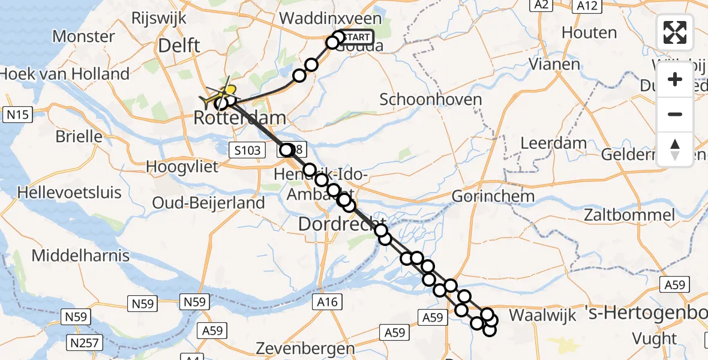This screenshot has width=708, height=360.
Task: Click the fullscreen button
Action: tap(675, 32)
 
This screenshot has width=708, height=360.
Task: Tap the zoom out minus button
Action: tap(675, 114)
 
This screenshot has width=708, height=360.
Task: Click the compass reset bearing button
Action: tap(675, 149)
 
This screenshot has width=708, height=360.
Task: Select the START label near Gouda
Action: tap(358, 37)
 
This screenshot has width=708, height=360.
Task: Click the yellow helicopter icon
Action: tap(223, 91)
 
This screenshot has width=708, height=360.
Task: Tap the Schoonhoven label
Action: tap(430, 99)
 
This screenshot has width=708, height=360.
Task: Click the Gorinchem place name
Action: tap(493, 196)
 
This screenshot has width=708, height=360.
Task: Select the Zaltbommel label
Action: tap(630, 215)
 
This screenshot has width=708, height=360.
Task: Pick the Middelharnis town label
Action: tap(80, 256)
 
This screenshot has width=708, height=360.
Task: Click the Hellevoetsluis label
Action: tap(70, 193)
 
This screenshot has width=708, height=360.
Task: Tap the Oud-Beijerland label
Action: tap(208, 203)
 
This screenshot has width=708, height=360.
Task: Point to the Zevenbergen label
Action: tap(305, 348)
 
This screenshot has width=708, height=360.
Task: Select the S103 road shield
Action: tap(247, 150)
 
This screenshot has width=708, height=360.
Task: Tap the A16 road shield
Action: tap(327, 302)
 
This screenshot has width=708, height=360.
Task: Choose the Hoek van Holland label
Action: tap(65, 74)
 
